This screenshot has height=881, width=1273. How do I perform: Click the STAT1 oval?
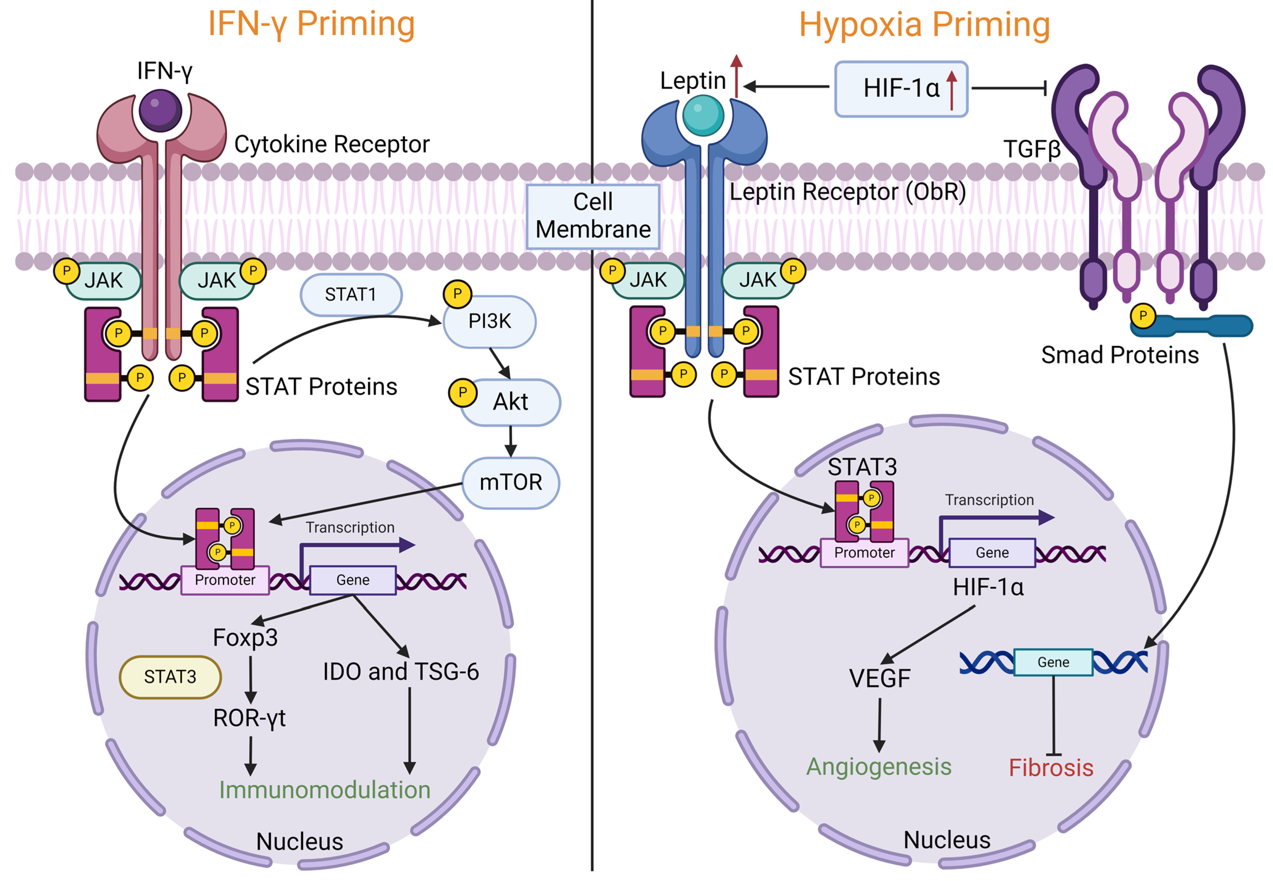(x=351, y=295)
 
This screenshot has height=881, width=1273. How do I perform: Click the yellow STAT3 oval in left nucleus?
(x=170, y=677)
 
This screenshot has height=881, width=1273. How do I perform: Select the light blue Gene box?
(x=1053, y=662)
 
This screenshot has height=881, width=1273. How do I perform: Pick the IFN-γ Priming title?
(x=312, y=24)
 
